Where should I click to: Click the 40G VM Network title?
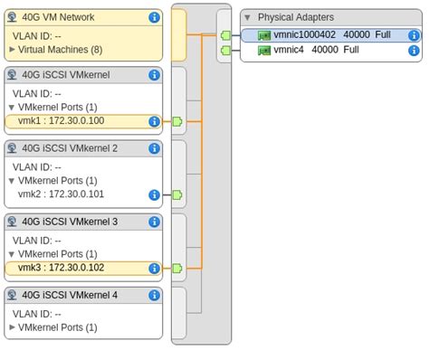tap(58, 17)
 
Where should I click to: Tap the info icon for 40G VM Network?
tap(154, 17)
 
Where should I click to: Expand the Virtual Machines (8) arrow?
tap(13, 49)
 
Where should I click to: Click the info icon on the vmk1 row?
tap(154, 121)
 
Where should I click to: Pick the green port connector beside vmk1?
tap(176, 121)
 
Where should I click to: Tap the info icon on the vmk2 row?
tap(154, 194)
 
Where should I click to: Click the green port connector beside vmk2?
tap(176, 194)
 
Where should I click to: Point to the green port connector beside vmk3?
tap(176, 268)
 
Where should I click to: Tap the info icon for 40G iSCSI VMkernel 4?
tap(154, 295)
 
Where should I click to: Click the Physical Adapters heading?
tap(295, 17)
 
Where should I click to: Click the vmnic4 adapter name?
tap(290, 50)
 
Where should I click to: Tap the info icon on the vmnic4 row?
tap(414, 51)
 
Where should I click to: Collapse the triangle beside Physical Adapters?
tap(247, 17)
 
